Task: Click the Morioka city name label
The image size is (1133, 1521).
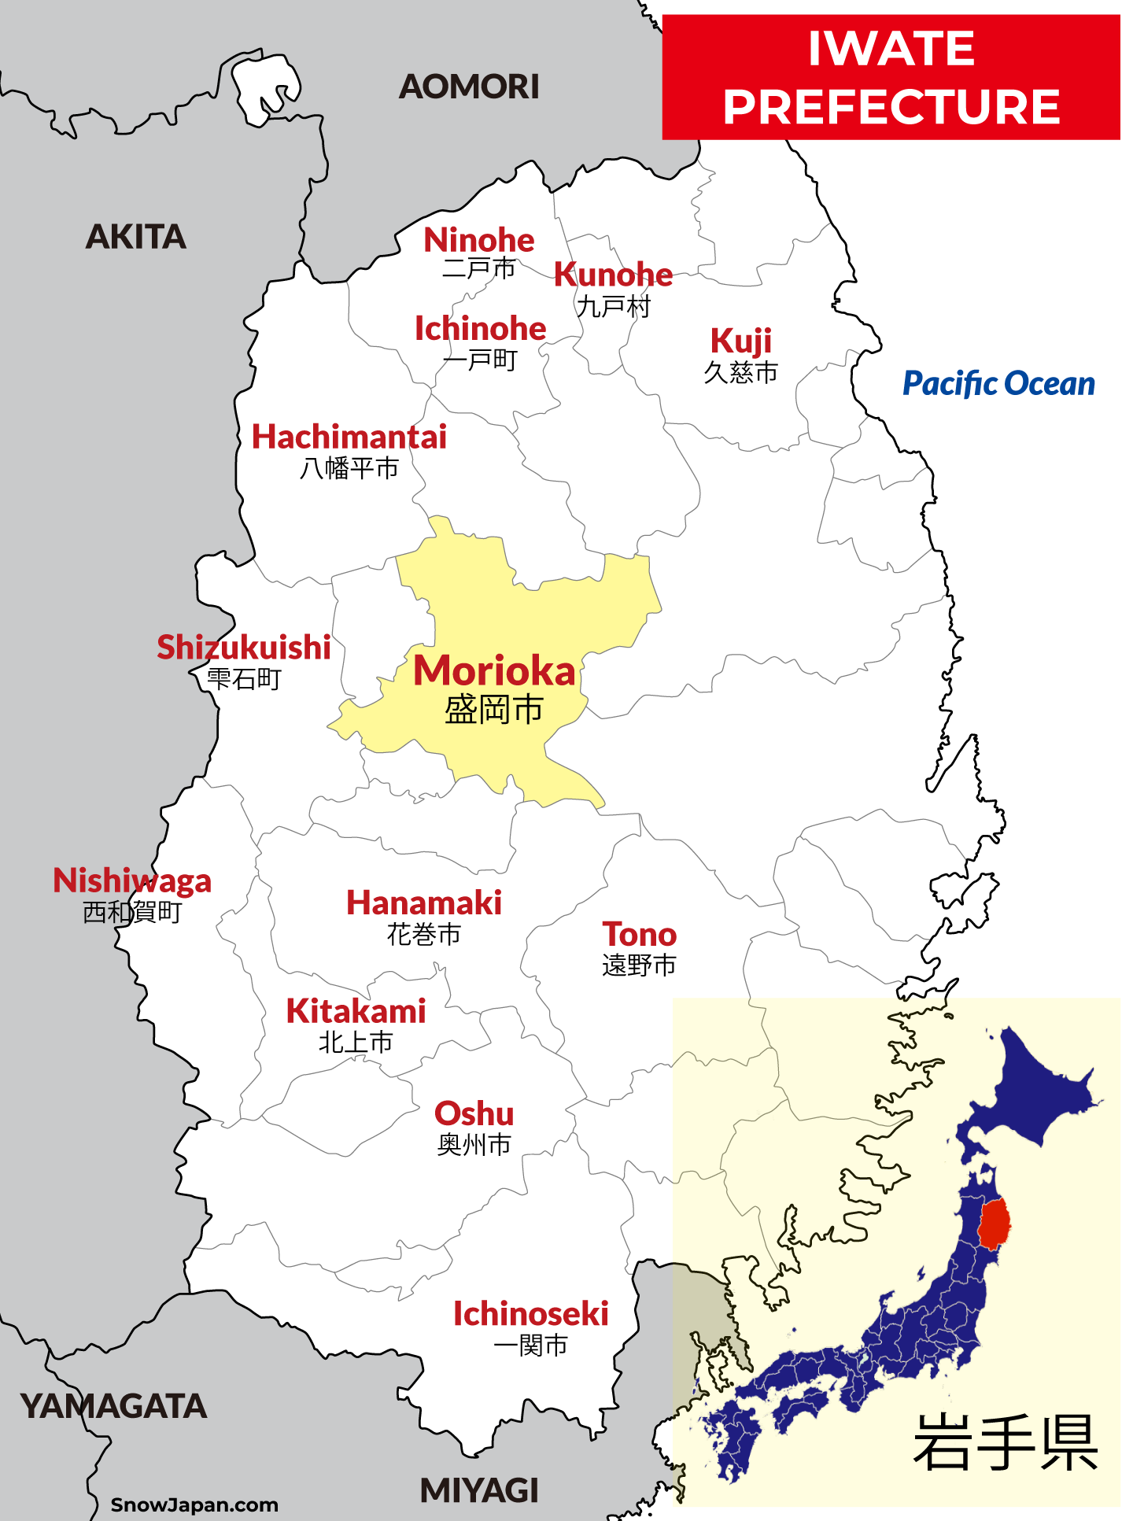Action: pyautogui.click(x=494, y=672)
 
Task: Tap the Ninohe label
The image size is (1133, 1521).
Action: pyautogui.click(x=478, y=241)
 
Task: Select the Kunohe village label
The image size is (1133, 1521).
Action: pyautogui.click(x=613, y=275)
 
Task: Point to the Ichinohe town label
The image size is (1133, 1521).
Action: pyautogui.click(x=480, y=329)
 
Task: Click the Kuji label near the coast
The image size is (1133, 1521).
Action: pyautogui.click(x=740, y=341)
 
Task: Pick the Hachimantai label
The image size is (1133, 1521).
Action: pyautogui.click(x=349, y=437)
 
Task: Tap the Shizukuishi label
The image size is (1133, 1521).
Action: pyautogui.click(x=244, y=648)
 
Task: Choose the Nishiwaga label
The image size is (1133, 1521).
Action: pyautogui.click(x=132, y=880)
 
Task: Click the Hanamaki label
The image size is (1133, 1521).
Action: pyautogui.click(x=424, y=903)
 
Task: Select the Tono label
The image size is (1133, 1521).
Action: pyautogui.click(x=639, y=935)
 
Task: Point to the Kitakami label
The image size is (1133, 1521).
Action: pyautogui.click(x=356, y=1012)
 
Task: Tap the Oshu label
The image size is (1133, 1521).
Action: pyautogui.click(x=474, y=1114)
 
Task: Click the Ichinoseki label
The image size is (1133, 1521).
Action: pyautogui.click(x=530, y=1314)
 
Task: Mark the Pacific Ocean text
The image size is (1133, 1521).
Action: pyautogui.click(x=998, y=384)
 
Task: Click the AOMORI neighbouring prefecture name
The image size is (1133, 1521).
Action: pyautogui.click(x=469, y=87)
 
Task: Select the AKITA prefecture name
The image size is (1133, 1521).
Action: pyautogui.click(x=135, y=237)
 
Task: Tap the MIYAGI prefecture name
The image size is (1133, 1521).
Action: pyautogui.click(x=479, y=1490)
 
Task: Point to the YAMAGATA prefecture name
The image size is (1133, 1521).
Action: pyautogui.click(x=113, y=1406)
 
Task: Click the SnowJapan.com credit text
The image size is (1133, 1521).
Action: pyautogui.click(x=194, y=1504)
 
